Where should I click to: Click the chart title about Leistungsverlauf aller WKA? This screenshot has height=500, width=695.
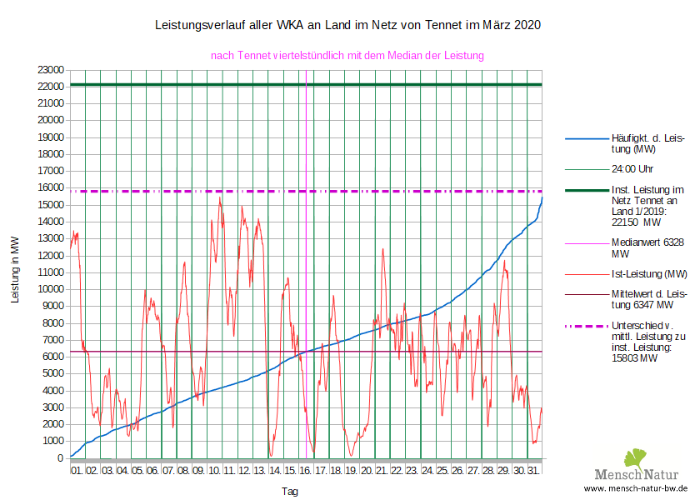point(347,25)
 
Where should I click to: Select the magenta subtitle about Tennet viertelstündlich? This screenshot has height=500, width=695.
point(347,56)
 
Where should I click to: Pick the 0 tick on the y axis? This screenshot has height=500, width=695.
point(61,458)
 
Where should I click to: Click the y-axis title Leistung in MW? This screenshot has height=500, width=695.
point(15,268)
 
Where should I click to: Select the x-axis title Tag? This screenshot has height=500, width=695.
point(289,492)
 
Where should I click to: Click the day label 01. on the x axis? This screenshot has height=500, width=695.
point(77,471)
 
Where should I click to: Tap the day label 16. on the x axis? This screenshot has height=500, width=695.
point(306,471)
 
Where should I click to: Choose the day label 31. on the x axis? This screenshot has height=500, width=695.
point(534,471)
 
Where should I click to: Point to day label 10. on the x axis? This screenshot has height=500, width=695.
point(214,471)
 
